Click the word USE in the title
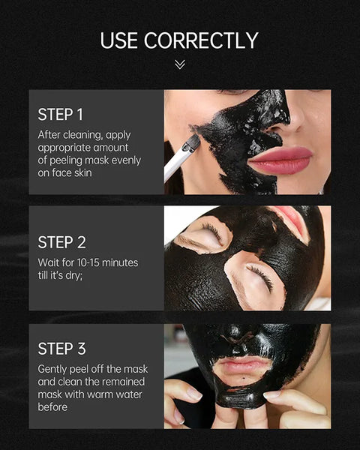coord(118,40)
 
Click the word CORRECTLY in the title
coord(201,40)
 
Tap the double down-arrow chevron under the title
coord(180,64)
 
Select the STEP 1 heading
coord(61,115)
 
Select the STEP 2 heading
coord(61,242)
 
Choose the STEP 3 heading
coord(61,349)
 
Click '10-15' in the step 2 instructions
coord(88,262)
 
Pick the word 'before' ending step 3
coord(52,406)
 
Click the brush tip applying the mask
coord(192,143)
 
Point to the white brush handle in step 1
coord(176,166)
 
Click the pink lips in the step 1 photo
coord(280,160)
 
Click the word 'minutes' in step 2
coord(120,262)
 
